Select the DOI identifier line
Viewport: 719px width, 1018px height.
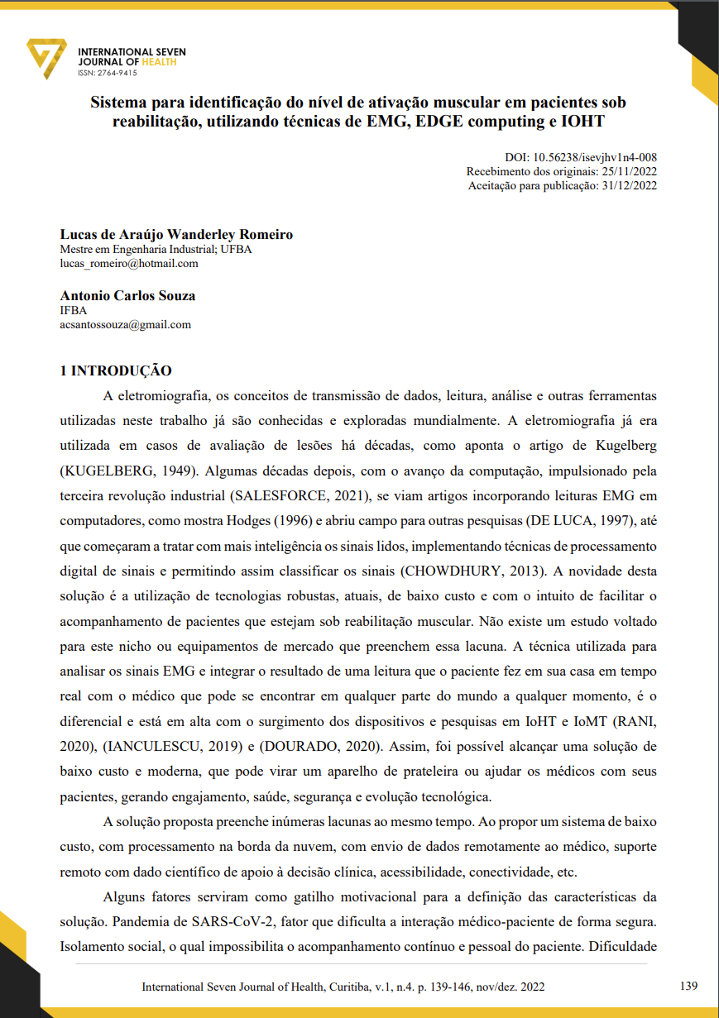pos(581,157)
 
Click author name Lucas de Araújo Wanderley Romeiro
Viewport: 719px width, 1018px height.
pos(176,235)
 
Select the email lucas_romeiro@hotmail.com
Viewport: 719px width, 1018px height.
pos(129,264)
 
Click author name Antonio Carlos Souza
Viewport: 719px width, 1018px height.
pos(127,295)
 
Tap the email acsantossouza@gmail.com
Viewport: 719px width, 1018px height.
pos(126,324)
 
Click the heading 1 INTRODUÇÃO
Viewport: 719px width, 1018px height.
pos(116,371)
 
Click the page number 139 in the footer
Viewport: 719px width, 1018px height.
pos(688,986)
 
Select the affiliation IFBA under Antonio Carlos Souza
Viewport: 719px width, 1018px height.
pos(74,310)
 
